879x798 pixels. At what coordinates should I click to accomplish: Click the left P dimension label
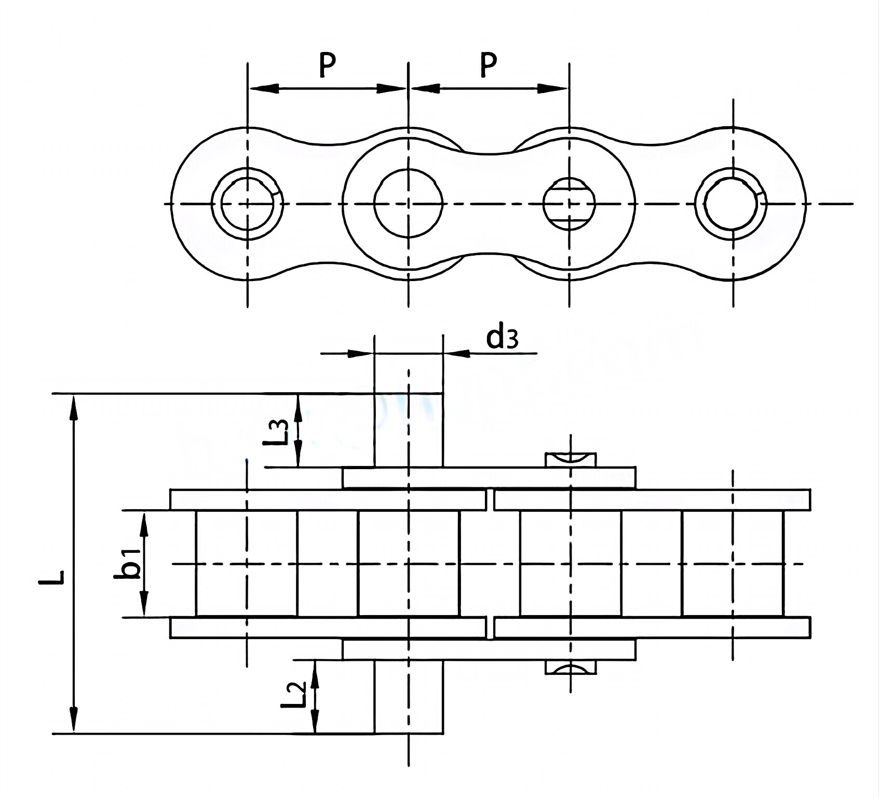point(327,64)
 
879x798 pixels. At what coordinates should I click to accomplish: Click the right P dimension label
point(488,64)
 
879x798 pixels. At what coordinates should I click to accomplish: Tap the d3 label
point(502,338)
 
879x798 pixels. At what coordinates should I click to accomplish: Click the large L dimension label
point(52,577)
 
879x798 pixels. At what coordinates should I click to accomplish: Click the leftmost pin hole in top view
point(248,204)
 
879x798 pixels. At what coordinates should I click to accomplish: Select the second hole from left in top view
point(409,204)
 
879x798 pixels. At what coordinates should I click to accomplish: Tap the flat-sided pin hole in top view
point(570,204)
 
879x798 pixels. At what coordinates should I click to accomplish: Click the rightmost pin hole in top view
point(733,204)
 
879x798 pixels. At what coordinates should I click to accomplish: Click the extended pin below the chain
point(409,696)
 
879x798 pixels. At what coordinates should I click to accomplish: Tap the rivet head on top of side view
point(570,459)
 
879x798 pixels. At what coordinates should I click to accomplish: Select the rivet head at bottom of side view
point(570,668)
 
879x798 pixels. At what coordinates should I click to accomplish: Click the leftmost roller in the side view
point(247,564)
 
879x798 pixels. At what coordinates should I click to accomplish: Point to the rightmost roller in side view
point(733,564)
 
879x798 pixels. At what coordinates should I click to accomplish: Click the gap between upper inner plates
point(491,499)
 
